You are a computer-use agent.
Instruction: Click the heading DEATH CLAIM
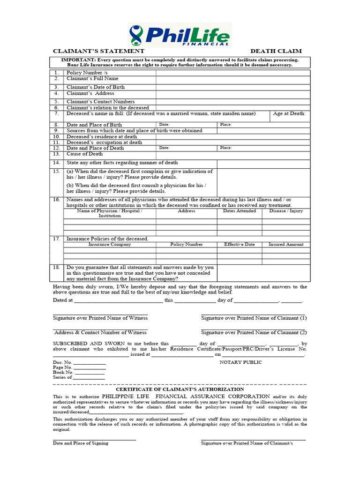click(276, 51)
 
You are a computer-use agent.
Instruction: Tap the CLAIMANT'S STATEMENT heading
click(98, 51)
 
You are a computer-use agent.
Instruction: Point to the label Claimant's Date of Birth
click(96, 87)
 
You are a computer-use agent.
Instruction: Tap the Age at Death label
click(289, 113)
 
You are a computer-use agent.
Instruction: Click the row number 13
click(56, 154)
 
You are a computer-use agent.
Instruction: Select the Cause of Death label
click(84, 154)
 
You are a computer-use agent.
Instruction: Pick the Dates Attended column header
click(240, 211)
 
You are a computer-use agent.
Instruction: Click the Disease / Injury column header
click(286, 211)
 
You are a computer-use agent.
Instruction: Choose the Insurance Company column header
click(110, 244)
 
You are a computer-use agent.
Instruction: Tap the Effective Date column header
click(240, 244)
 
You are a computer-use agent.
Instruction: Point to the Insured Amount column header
click(286, 244)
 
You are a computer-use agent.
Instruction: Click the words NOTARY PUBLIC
click(240, 362)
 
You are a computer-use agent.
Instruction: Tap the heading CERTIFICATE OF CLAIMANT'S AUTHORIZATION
click(180, 389)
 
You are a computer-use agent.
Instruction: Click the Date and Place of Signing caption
click(80, 443)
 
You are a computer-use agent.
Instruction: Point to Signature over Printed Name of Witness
click(100, 318)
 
